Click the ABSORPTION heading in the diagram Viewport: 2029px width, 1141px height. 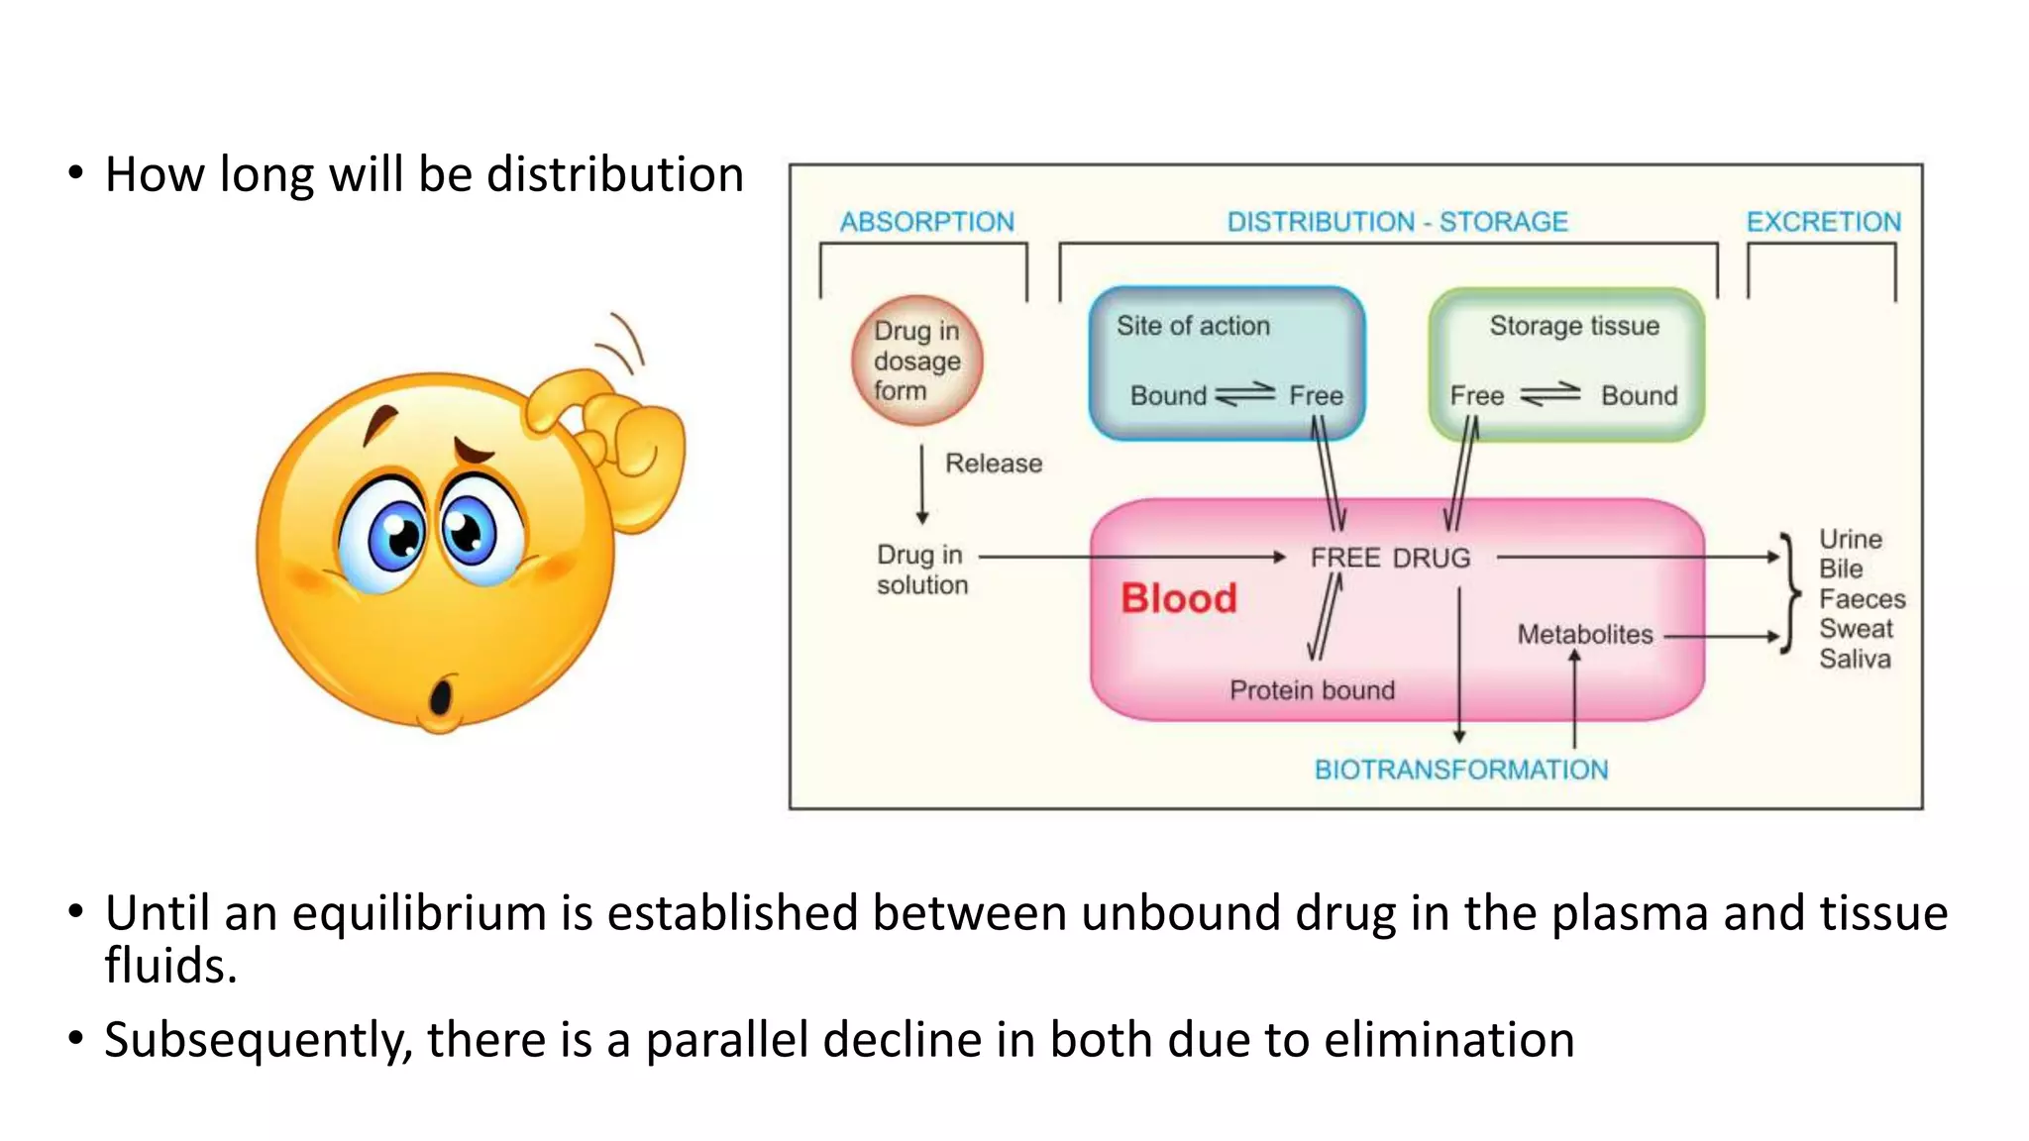[926, 222]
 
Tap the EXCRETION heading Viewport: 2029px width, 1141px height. [1823, 222]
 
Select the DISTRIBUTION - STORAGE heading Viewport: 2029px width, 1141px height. [1397, 222]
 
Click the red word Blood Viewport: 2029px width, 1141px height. [1178, 598]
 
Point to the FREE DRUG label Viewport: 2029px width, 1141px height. [1390, 558]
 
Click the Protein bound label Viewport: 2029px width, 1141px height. [1312, 690]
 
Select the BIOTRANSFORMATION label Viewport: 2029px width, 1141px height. [1460, 770]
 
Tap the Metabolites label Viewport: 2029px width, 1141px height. [1584, 635]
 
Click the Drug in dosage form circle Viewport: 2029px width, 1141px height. [916, 361]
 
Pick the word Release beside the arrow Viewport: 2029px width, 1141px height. [993, 464]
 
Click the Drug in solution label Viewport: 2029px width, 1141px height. [921, 570]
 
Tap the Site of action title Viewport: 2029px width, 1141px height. [1193, 326]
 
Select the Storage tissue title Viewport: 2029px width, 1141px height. [1573, 326]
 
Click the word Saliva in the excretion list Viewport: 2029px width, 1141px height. [1854, 659]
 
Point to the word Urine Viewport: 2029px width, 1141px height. [1850, 539]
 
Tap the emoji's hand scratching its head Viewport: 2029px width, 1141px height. [614, 436]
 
